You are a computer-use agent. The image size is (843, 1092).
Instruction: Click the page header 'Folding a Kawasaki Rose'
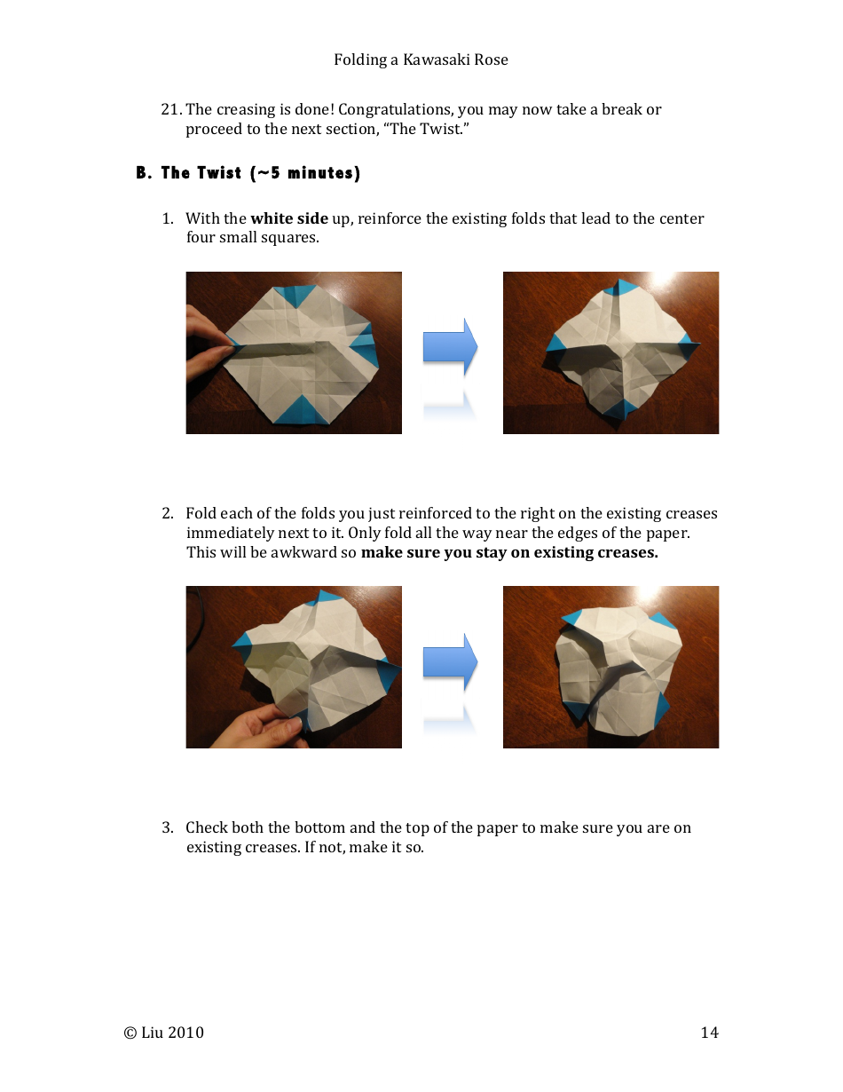pyautogui.click(x=421, y=60)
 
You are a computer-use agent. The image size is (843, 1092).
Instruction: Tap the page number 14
pyautogui.click(x=709, y=1033)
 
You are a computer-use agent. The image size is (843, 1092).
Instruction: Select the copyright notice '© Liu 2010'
pyautogui.click(x=164, y=1033)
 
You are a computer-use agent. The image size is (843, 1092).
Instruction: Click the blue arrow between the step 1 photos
pyautogui.click(x=449, y=346)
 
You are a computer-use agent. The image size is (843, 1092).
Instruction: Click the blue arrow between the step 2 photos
pyautogui.click(x=449, y=661)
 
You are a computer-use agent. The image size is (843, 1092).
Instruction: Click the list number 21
pyautogui.click(x=170, y=110)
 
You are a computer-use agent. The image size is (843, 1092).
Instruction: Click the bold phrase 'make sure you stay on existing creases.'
pyautogui.click(x=509, y=552)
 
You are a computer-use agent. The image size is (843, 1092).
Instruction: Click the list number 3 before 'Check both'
pyautogui.click(x=167, y=827)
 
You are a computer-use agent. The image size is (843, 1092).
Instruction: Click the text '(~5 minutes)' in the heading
pyautogui.click(x=305, y=173)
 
